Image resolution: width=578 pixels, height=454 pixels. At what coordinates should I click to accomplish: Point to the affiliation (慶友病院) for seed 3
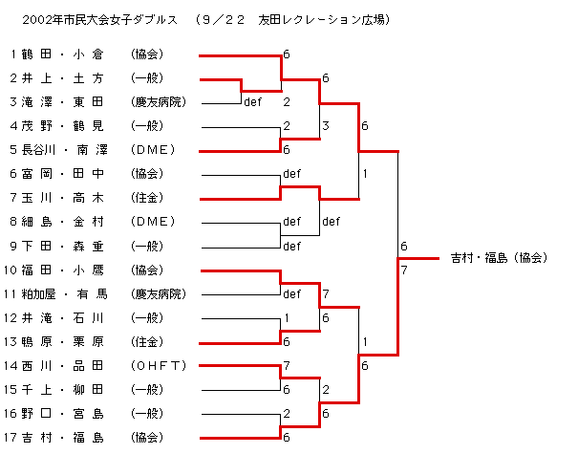point(160,102)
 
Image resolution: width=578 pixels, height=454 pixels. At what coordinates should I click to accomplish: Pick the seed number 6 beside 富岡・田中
point(13,174)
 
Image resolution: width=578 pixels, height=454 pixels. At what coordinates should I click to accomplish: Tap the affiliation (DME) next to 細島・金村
point(153,222)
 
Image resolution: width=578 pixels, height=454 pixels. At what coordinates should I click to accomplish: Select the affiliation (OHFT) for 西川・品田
point(159,365)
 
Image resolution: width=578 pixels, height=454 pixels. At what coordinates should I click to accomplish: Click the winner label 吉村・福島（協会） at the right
point(498,257)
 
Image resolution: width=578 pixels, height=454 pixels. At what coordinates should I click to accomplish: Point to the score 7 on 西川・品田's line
point(287,365)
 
